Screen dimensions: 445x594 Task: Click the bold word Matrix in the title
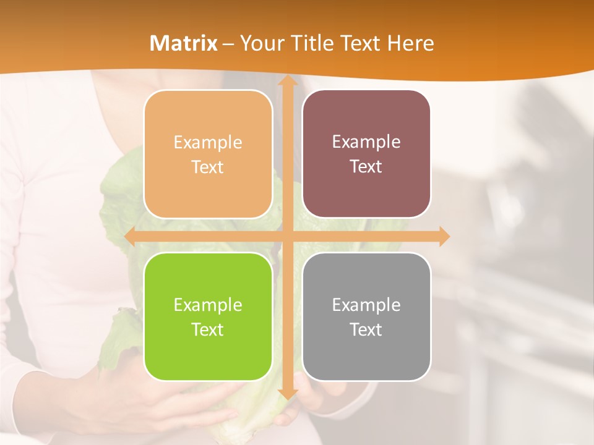pos(184,43)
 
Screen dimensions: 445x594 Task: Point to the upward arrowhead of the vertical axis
pos(287,80)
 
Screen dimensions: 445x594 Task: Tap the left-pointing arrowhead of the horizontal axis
pos(130,236)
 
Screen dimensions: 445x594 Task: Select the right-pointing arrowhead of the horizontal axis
pos(444,236)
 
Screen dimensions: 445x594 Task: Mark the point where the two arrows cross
pos(287,236)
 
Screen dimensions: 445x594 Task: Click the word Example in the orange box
pos(208,143)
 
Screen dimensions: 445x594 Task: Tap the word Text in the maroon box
pos(366,167)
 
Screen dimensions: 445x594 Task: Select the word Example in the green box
pos(208,305)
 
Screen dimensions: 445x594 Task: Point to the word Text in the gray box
pos(366,329)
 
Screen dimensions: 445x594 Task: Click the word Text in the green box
pos(208,329)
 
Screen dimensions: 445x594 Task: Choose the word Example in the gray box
pos(366,305)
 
